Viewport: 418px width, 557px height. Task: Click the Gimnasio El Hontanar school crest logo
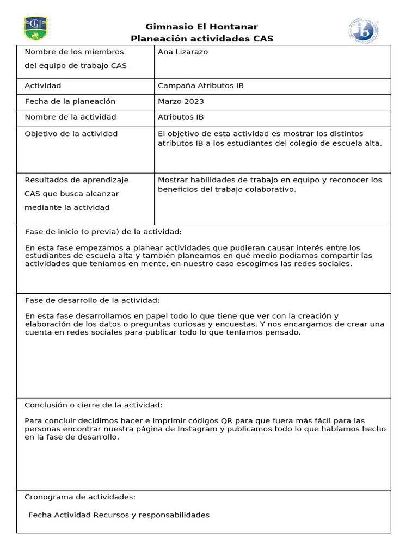point(36,28)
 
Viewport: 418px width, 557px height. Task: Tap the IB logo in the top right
point(364,30)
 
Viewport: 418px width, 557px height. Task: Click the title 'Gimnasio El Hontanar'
point(202,27)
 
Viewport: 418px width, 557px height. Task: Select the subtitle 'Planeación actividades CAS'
point(202,39)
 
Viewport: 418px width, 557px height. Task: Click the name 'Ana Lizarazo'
point(183,52)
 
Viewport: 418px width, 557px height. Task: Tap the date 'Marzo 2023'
point(181,102)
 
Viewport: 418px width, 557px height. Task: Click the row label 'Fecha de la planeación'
point(70,102)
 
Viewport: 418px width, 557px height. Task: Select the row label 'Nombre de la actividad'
point(70,117)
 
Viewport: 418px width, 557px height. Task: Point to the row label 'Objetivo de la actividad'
point(71,134)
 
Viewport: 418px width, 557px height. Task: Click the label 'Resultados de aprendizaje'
point(77,180)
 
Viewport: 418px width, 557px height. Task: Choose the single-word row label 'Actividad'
point(43,86)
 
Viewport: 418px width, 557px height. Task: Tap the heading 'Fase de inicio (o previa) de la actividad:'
point(103,232)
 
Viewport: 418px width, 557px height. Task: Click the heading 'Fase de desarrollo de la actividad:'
point(93,300)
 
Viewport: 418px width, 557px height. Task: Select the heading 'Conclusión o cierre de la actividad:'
point(94,405)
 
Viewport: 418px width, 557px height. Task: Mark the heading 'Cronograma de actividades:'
point(80,497)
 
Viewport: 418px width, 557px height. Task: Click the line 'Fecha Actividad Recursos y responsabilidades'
point(119,515)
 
